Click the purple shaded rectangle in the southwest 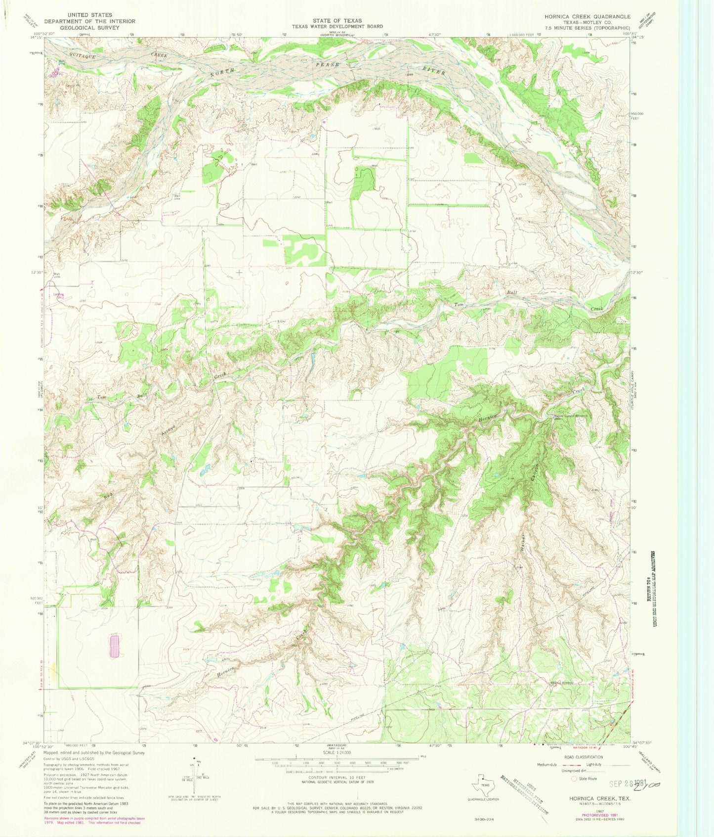(115, 646)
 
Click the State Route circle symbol (574, 778)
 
